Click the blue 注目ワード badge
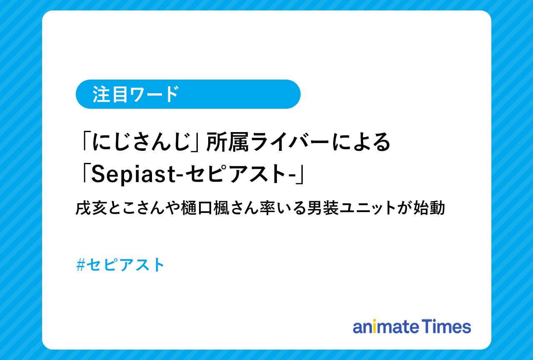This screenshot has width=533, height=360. point(188,94)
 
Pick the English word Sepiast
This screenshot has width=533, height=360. point(133,175)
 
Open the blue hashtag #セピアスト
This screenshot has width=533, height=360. point(120,265)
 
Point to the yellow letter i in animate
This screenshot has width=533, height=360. point(374,327)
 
